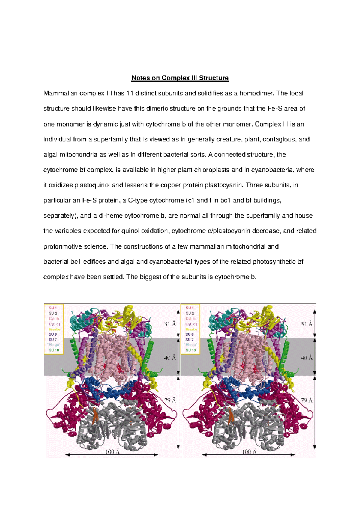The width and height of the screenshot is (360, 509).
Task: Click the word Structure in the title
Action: pyautogui.click(x=214, y=78)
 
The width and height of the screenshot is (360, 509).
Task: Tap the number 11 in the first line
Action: pyautogui.click(x=130, y=94)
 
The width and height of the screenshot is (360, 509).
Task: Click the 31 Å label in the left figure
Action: pyautogui.click(x=170, y=324)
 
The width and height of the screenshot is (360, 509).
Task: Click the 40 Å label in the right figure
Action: pyautogui.click(x=307, y=358)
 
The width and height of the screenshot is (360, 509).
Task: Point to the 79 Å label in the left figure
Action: pyautogui.click(x=170, y=400)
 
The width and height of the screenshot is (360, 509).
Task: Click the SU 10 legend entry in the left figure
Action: pyautogui.click(x=54, y=350)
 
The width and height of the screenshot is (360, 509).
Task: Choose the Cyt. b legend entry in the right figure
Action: pyautogui.click(x=190, y=319)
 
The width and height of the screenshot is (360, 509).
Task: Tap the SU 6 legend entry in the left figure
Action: pyautogui.click(x=53, y=334)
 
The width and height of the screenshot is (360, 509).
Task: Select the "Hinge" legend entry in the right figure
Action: pyautogui.click(x=190, y=345)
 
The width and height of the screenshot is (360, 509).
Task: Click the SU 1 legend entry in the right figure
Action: pyautogui.click(x=190, y=308)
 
